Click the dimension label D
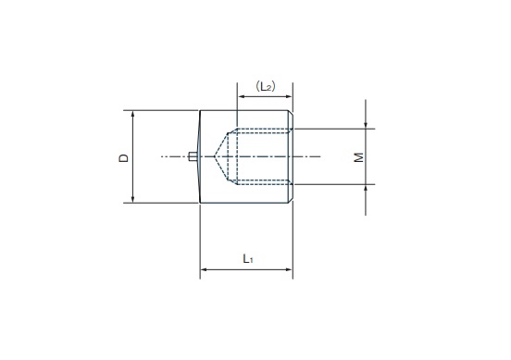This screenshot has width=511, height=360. tap(124, 158)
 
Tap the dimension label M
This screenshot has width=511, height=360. tap(359, 157)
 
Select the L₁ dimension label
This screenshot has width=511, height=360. tap(248, 259)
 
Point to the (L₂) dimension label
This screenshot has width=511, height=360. tap(266, 86)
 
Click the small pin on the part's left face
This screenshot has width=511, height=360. tap(193, 156)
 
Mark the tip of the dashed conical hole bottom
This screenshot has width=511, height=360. tap(214, 156)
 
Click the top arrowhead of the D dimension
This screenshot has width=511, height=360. tap(132, 114)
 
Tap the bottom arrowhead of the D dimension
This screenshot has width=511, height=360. tap(132, 200)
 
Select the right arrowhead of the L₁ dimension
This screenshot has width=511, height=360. tap(289, 269)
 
